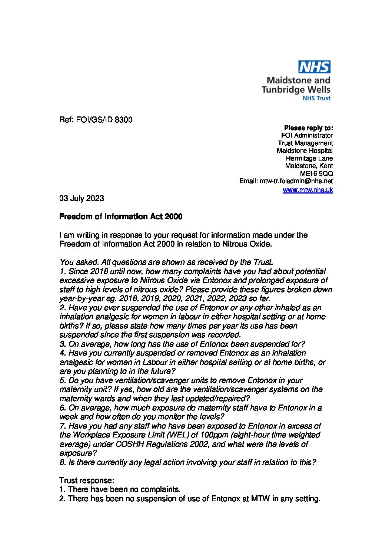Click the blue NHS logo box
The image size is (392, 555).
tap(314, 67)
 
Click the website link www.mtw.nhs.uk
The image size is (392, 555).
tap(308, 190)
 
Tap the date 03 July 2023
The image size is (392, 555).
tap(82, 198)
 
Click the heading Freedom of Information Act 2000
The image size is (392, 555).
tap(121, 217)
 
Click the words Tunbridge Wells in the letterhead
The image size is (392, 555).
tap(296, 89)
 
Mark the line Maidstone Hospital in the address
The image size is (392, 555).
tap(305, 151)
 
